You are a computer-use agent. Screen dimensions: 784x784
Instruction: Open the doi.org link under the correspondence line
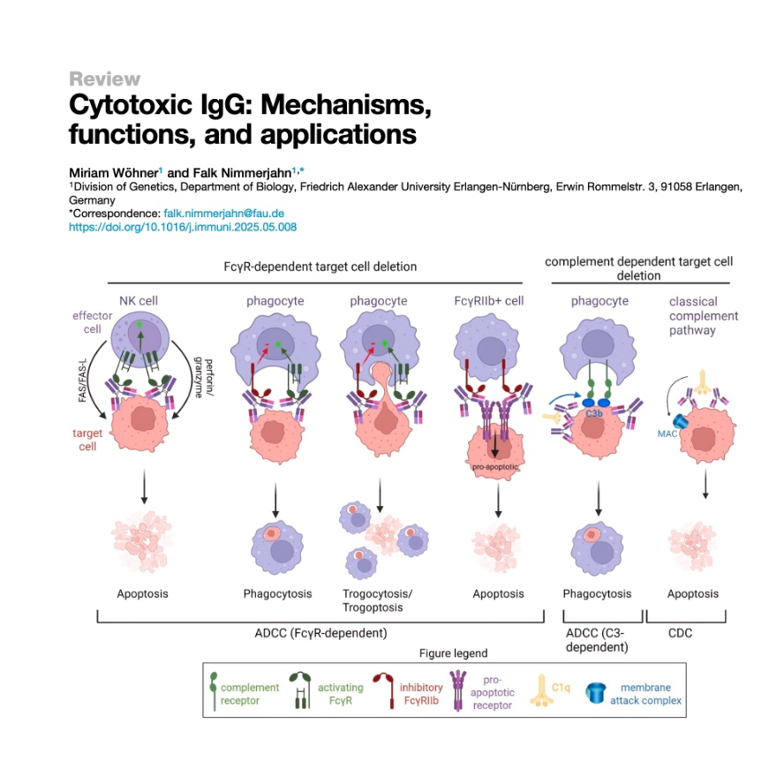click(183, 227)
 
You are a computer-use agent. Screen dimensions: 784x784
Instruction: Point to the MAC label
click(667, 433)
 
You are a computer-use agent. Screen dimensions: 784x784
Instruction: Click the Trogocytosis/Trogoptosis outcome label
click(380, 600)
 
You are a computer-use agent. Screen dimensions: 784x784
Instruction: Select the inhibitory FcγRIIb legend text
click(420, 694)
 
